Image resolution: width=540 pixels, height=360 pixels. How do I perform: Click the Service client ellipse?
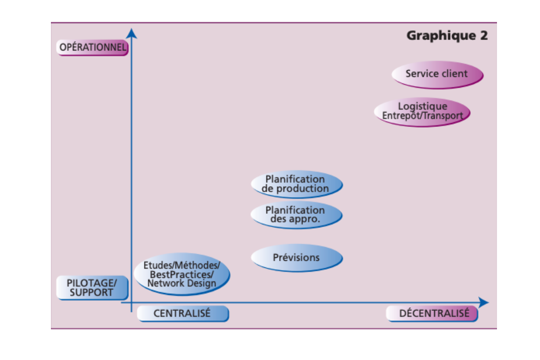pyautogui.click(x=437, y=74)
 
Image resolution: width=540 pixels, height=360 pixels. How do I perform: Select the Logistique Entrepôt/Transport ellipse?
pyautogui.click(x=422, y=112)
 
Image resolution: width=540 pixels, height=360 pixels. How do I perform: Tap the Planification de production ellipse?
pyautogui.click(x=296, y=184)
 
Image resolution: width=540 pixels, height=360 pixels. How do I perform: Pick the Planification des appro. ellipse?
pyautogui.click(x=296, y=215)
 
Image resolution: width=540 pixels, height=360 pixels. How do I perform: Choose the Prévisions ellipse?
pyautogui.click(x=296, y=258)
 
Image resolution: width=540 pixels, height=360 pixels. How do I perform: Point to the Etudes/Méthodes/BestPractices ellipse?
pyautogui.click(x=182, y=274)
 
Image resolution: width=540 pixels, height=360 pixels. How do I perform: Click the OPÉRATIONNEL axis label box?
pyautogui.click(x=92, y=47)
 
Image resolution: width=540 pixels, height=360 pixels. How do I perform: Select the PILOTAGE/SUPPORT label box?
pyautogui.click(x=92, y=288)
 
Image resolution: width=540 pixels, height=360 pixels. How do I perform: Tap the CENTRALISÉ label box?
pyautogui.click(x=183, y=313)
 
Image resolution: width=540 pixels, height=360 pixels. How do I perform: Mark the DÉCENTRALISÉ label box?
pyautogui.click(x=432, y=313)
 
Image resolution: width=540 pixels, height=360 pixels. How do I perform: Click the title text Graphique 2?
pyautogui.click(x=446, y=36)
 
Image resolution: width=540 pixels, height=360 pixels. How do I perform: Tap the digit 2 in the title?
pyautogui.click(x=483, y=36)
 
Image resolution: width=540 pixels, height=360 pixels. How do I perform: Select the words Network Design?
pyautogui.click(x=182, y=283)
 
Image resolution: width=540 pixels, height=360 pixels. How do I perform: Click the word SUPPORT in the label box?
pyautogui.click(x=91, y=292)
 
